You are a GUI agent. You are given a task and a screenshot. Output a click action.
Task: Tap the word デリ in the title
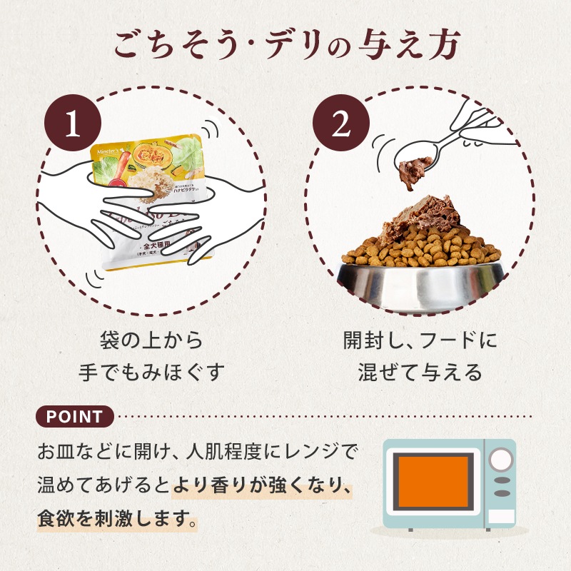[295, 44]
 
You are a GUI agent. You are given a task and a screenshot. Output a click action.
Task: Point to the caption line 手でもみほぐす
[151, 372]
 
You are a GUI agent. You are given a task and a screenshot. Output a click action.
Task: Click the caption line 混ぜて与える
[419, 372]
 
